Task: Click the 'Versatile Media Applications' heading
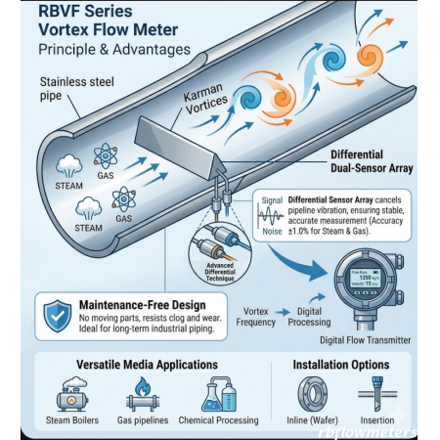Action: (147, 365)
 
